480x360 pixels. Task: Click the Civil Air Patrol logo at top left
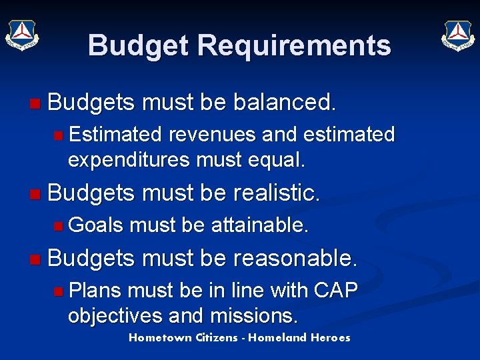(22, 35)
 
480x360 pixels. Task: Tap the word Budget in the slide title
(139, 45)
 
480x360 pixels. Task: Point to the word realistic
(277, 193)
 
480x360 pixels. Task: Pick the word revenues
(213, 135)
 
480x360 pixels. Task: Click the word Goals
(96, 225)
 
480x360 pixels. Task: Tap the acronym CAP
(335, 290)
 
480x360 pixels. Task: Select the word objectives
(113, 315)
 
